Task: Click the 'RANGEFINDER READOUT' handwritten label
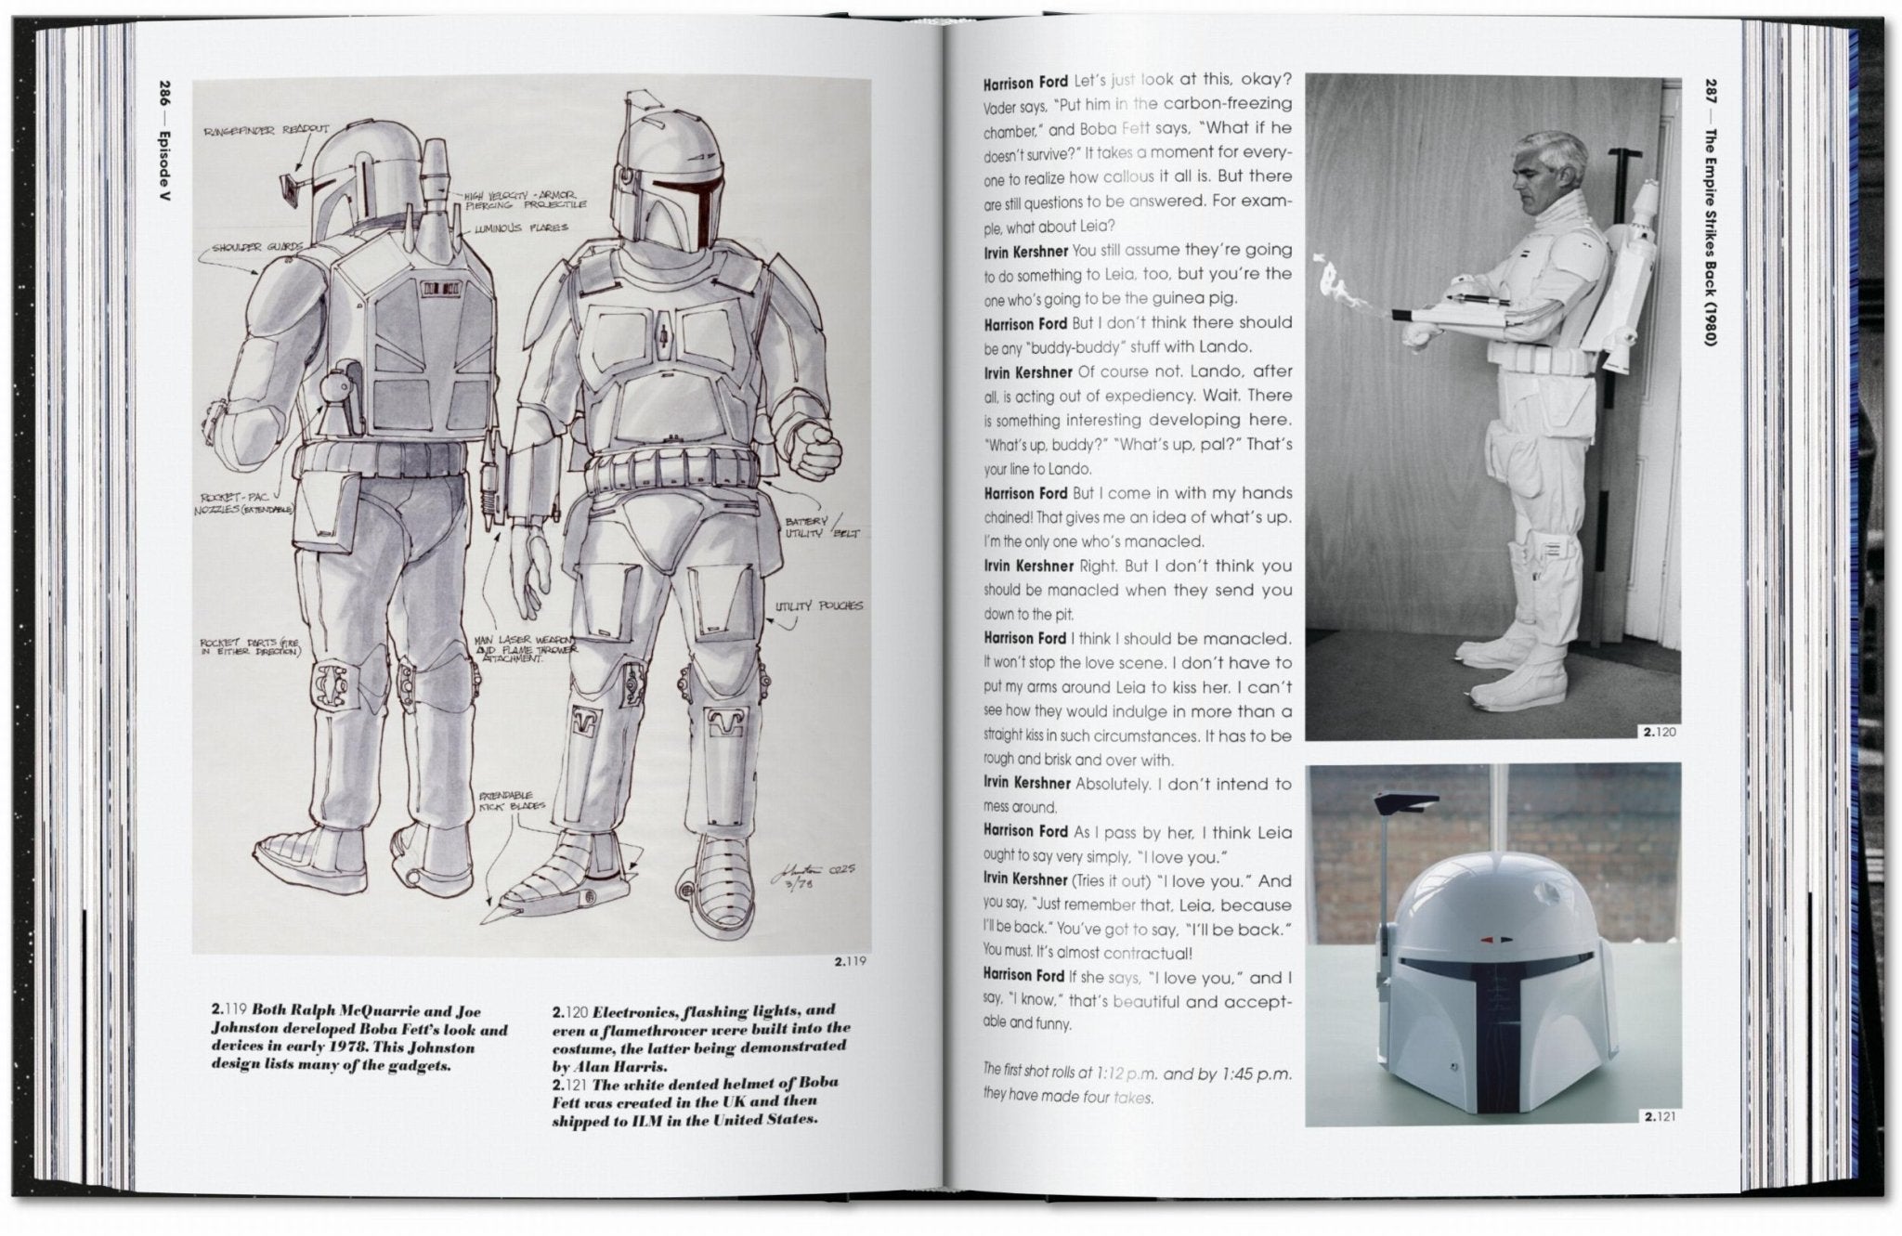(x=266, y=131)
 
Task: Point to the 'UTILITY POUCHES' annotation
(x=818, y=606)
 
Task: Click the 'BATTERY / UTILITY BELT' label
(x=821, y=527)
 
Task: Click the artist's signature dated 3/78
(x=807, y=880)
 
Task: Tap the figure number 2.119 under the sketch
(x=850, y=961)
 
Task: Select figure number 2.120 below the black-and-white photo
(x=1660, y=732)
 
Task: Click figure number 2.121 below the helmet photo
(x=1660, y=1117)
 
